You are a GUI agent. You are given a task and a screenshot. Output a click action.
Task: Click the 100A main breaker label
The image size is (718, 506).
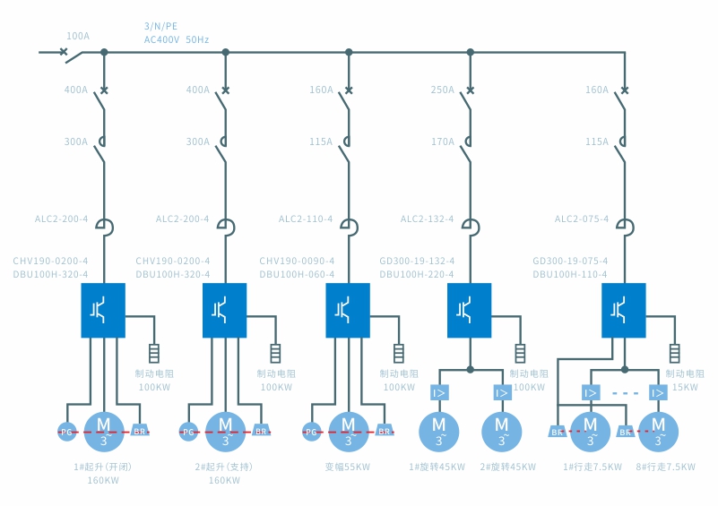(x=78, y=36)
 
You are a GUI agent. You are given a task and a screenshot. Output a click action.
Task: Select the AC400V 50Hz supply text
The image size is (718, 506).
(x=177, y=39)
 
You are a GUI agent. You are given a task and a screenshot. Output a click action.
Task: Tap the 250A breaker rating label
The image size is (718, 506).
(x=443, y=90)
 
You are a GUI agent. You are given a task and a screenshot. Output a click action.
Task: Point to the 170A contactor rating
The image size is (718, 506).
(x=443, y=142)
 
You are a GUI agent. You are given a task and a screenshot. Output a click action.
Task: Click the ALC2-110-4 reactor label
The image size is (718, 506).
(x=306, y=219)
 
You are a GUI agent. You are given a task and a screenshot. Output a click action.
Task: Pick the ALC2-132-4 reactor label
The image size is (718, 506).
(x=428, y=219)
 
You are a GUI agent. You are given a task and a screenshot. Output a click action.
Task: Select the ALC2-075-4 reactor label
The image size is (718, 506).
(x=582, y=219)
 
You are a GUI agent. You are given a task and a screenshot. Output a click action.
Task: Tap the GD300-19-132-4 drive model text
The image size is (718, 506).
(x=417, y=262)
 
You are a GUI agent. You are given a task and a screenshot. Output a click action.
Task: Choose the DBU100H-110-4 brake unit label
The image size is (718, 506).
(x=570, y=275)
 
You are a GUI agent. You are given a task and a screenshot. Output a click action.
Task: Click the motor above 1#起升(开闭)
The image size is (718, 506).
(x=104, y=430)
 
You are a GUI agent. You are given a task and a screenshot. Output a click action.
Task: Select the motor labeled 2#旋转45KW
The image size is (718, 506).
(x=502, y=430)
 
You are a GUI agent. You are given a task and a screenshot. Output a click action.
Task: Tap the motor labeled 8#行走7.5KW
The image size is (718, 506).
(x=658, y=430)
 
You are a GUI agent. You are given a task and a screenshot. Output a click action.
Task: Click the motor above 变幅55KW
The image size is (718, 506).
(x=348, y=430)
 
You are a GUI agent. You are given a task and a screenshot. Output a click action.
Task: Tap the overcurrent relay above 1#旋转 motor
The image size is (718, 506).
(x=440, y=393)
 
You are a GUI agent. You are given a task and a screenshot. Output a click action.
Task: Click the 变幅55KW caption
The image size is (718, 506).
(x=348, y=467)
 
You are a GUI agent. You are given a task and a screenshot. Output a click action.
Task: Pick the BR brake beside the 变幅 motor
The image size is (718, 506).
(x=384, y=432)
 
